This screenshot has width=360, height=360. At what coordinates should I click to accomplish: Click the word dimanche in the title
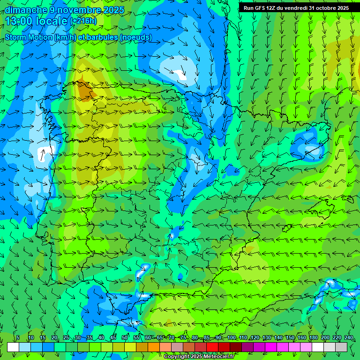coord(26,10)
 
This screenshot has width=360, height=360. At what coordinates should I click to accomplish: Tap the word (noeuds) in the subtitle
coord(135,37)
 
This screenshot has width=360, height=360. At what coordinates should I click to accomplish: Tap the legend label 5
coord(18,338)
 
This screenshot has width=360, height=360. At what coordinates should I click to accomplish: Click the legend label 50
coord(125,338)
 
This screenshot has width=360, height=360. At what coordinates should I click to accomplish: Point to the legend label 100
coord(231,338)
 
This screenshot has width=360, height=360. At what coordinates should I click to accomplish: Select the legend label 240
coord(349,338)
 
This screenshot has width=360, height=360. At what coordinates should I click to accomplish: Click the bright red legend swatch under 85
coord(212,347)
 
